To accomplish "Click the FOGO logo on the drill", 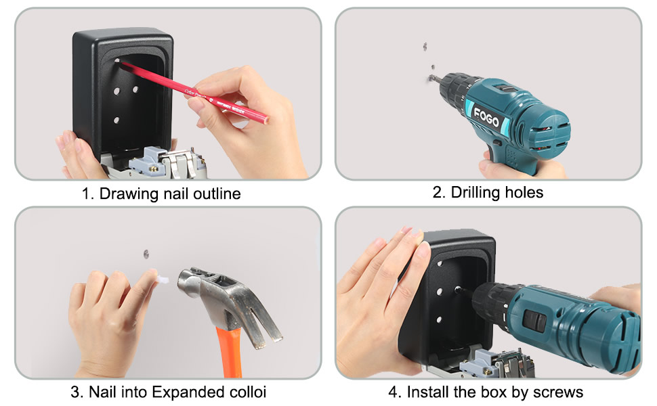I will click(487, 120).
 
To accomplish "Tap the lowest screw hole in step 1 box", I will click(116, 120).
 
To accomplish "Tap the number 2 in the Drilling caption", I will click(438, 192).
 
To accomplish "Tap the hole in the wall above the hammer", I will click(146, 254).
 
